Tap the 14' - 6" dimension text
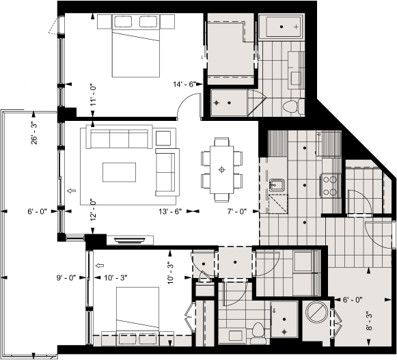click(x=185, y=84)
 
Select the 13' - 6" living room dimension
click(x=169, y=212)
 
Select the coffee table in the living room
click(x=119, y=171)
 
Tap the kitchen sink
click(x=279, y=185)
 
